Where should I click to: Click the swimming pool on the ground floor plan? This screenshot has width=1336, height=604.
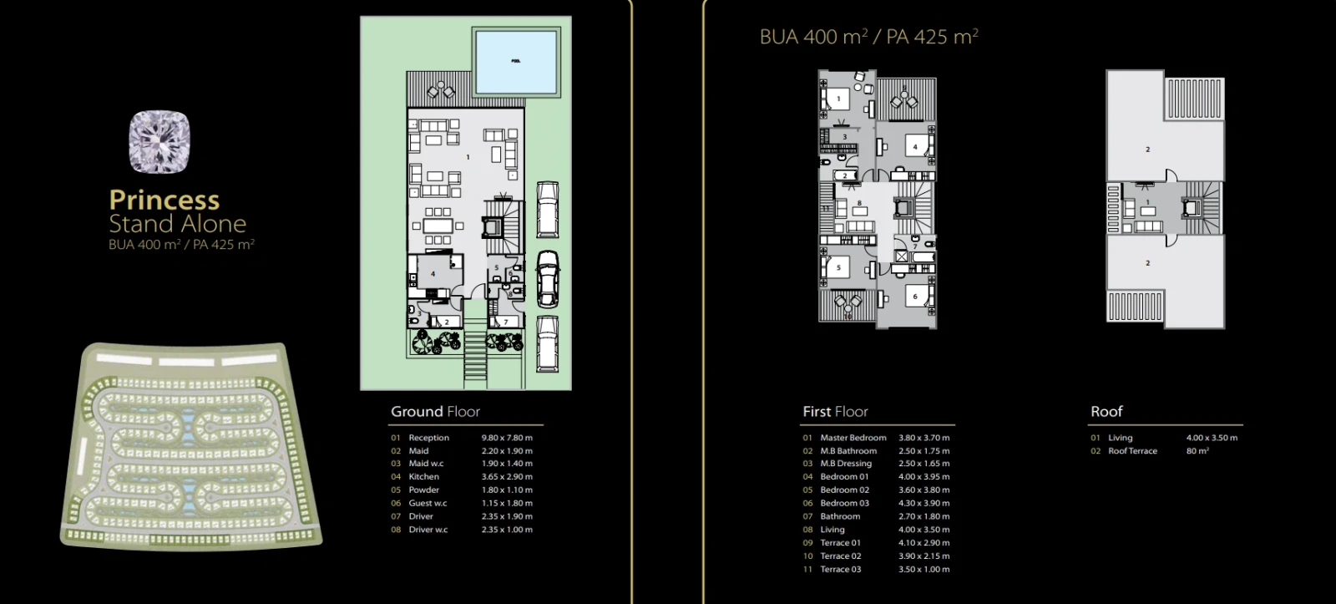[516, 61]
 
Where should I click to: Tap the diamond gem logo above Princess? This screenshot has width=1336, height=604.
[159, 142]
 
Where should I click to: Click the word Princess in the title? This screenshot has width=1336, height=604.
[164, 200]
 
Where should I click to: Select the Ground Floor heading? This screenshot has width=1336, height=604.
[435, 411]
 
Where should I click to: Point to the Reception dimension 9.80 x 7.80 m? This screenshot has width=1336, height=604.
[507, 438]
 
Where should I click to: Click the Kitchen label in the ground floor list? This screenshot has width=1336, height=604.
[423, 476]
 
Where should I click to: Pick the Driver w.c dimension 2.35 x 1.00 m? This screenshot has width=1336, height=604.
[507, 530]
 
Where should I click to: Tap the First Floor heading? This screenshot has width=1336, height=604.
[835, 411]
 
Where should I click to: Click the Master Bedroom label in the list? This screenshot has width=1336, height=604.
[853, 438]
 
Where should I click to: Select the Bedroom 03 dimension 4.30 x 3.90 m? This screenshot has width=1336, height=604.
[924, 503]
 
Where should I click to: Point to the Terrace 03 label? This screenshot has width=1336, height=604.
[840, 570]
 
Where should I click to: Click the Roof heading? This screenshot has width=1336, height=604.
[1106, 411]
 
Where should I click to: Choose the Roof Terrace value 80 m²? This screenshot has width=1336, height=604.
[1197, 450]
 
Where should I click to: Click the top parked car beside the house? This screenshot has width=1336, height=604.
[548, 210]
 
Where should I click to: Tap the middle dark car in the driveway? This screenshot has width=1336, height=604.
[548, 279]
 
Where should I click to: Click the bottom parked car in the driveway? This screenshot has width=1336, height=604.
[547, 343]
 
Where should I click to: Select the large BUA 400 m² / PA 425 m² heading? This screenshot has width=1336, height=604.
[868, 37]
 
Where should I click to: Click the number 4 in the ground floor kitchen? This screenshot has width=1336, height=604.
[433, 274]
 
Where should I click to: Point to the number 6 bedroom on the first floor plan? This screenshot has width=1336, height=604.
[915, 297]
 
